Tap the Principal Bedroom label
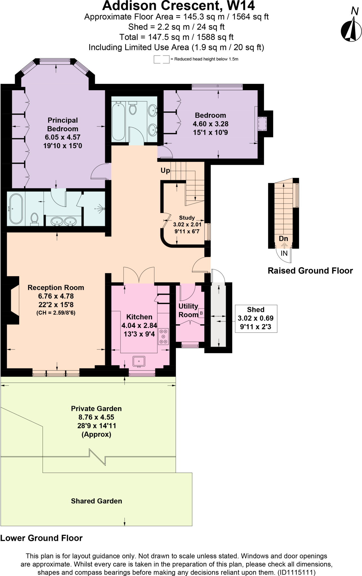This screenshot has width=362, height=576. point(62,125)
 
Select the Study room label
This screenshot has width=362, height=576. point(187,218)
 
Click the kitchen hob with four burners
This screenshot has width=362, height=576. point(163,336)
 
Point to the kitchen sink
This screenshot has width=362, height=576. point(139,361)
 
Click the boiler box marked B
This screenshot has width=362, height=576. point(201,313)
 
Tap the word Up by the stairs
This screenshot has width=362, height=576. point(165,170)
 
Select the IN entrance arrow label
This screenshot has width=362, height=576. point(284,253)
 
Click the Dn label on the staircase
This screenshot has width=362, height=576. point(283,238)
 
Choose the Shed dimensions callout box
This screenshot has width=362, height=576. point(256,318)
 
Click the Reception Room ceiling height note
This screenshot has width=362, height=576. point(56,313)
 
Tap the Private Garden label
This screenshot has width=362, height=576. point(96,409)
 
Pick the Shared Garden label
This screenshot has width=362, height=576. point(96,501)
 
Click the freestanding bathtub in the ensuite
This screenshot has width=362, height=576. point(16,209)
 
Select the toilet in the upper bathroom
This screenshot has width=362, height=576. point(133,108)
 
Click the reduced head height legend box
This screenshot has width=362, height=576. point(161,59)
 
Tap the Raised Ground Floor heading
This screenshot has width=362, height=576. point(310,271)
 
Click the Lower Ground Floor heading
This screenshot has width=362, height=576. point(41,538)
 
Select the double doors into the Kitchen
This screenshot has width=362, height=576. point(139,275)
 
